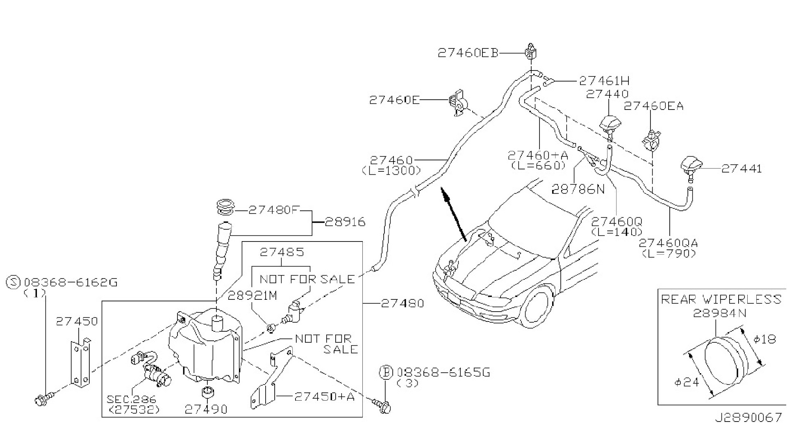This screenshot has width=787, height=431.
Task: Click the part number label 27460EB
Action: point(468,53)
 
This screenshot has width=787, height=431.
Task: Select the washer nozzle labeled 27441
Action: point(691,166)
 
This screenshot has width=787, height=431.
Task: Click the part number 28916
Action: point(345,222)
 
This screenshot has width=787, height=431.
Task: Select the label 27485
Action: point(282,252)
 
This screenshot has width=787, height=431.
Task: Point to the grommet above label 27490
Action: point(209,392)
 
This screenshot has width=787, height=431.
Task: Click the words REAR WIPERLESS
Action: point(721,299)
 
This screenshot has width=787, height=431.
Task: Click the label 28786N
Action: point(578,189)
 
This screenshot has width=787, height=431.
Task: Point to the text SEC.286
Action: point(131,399)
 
